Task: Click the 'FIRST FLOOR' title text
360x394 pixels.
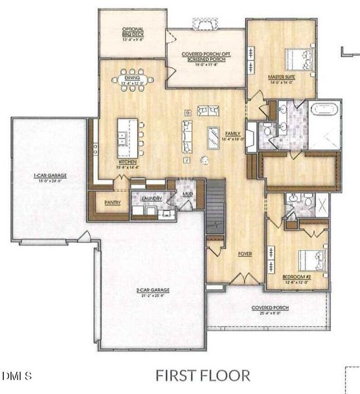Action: (203, 376)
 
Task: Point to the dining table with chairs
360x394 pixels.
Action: (133, 80)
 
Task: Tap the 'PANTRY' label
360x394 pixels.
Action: (112, 202)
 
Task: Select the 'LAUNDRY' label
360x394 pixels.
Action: (151, 196)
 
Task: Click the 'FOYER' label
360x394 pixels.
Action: (245, 253)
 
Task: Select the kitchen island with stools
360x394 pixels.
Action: (127, 137)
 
